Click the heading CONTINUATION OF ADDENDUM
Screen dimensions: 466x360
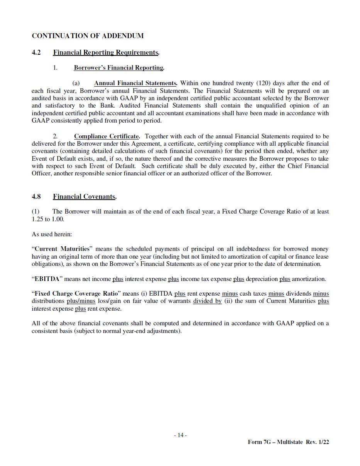coord(88,36)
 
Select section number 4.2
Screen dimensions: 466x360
coord(36,52)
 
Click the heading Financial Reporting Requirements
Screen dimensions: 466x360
coord(106,52)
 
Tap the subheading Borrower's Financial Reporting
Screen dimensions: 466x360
coord(118,68)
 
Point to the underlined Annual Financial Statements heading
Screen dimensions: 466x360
coord(135,83)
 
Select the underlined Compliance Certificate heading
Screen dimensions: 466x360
coord(106,136)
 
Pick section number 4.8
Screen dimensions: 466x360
coord(36,197)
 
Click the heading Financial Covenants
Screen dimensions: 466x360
coord(84,197)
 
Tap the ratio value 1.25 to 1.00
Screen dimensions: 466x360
coord(48,219)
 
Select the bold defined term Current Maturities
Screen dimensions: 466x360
coord(62,249)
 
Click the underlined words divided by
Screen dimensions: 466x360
coord(207,301)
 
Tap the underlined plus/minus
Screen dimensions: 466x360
coord(81,301)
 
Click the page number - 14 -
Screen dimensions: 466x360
coord(180,435)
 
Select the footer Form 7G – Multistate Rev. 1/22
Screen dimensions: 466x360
coord(288,442)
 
